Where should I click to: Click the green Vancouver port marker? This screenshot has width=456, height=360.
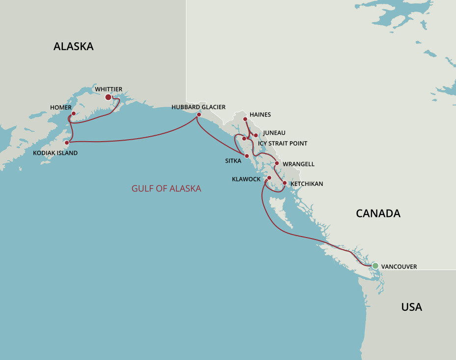[375, 266]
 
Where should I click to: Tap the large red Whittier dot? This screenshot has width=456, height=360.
[108, 97]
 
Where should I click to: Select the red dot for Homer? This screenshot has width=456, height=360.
[74, 114]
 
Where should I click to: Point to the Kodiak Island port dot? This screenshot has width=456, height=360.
[67, 143]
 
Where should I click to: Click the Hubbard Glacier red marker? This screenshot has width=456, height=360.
[199, 115]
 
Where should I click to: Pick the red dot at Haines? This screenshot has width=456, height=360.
[245, 119]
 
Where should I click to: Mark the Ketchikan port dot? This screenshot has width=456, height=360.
[285, 183]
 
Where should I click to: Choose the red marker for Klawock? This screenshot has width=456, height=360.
[269, 178]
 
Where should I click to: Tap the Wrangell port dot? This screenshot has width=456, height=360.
[277, 163]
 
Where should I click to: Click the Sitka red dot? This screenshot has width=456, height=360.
[247, 156]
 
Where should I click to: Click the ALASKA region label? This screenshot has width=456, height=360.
[73, 46]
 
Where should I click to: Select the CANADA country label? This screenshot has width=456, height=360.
[378, 213]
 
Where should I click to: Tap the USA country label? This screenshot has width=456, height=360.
[411, 307]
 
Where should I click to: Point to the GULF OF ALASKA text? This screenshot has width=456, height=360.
[166, 188]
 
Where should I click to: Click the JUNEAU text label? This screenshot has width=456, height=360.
[274, 133]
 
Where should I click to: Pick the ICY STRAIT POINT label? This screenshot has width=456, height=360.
[283, 144]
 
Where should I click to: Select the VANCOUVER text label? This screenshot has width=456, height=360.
[399, 267]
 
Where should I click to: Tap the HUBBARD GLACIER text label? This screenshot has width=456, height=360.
[199, 107]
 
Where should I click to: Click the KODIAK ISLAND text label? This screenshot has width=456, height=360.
[55, 153]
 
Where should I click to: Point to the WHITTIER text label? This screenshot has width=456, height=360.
[109, 89]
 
